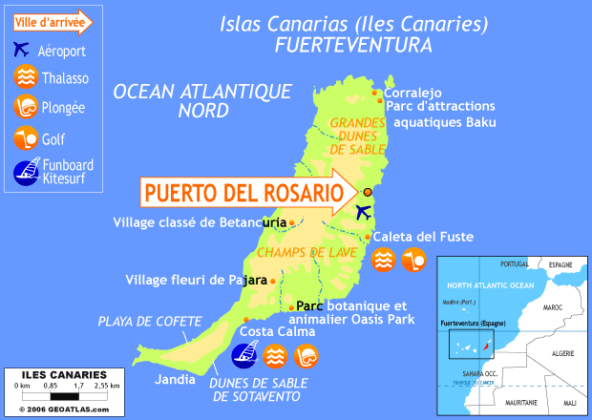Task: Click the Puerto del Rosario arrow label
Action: pos(243,193)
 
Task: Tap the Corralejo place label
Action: pos(414,92)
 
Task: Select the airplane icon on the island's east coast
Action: pos(364,212)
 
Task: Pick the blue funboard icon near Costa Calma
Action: pos(244,355)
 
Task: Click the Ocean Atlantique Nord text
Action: pos(201,100)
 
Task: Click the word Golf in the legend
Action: pos(53,139)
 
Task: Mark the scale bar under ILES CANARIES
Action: pos(63,395)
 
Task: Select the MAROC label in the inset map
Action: pos(554,308)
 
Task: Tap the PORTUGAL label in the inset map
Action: pos(514,264)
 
